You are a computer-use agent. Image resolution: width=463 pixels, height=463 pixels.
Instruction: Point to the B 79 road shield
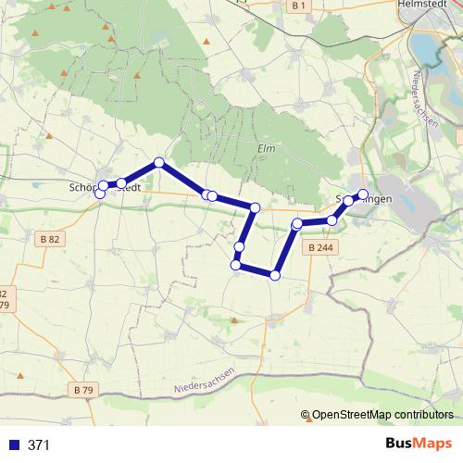[x=83, y=389]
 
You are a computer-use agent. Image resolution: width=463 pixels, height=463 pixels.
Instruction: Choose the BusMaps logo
[x=419, y=444]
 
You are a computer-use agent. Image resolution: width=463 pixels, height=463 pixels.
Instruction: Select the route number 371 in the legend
[x=39, y=444]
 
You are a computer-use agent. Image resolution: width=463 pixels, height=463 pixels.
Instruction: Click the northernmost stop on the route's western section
[x=159, y=162]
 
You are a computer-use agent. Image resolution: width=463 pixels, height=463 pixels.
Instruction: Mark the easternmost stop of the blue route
[x=363, y=194]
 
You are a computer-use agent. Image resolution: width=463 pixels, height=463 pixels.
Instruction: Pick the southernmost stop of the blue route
[x=274, y=274]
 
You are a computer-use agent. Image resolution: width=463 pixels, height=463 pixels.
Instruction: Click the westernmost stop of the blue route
[x=100, y=193]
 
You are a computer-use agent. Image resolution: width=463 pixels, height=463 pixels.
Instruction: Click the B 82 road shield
[x=52, y=239]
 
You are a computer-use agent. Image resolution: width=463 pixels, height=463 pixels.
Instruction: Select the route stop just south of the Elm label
[x=255, y=206]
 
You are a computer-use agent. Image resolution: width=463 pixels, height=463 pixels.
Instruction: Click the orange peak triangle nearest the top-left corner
[x=36, y=33]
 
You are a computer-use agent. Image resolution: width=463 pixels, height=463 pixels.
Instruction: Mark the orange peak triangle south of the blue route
[x=233, y=320]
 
